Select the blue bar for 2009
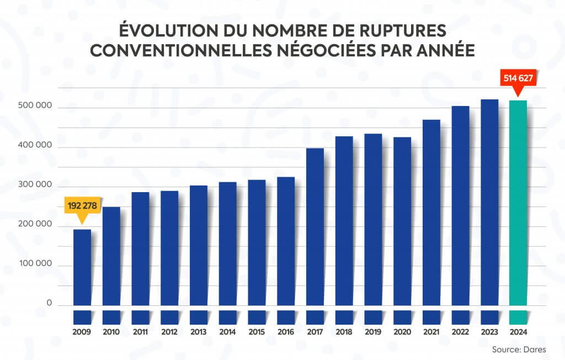[82, 268]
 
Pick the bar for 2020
[402, 221]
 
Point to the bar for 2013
[198, 246]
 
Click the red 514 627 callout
[518, 78]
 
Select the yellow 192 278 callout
[82, 206]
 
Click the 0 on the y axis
[49, 303]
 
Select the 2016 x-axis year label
[285, 332]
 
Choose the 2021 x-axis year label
[431, 332]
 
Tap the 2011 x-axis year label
[140, 332]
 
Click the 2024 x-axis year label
[518, 332]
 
